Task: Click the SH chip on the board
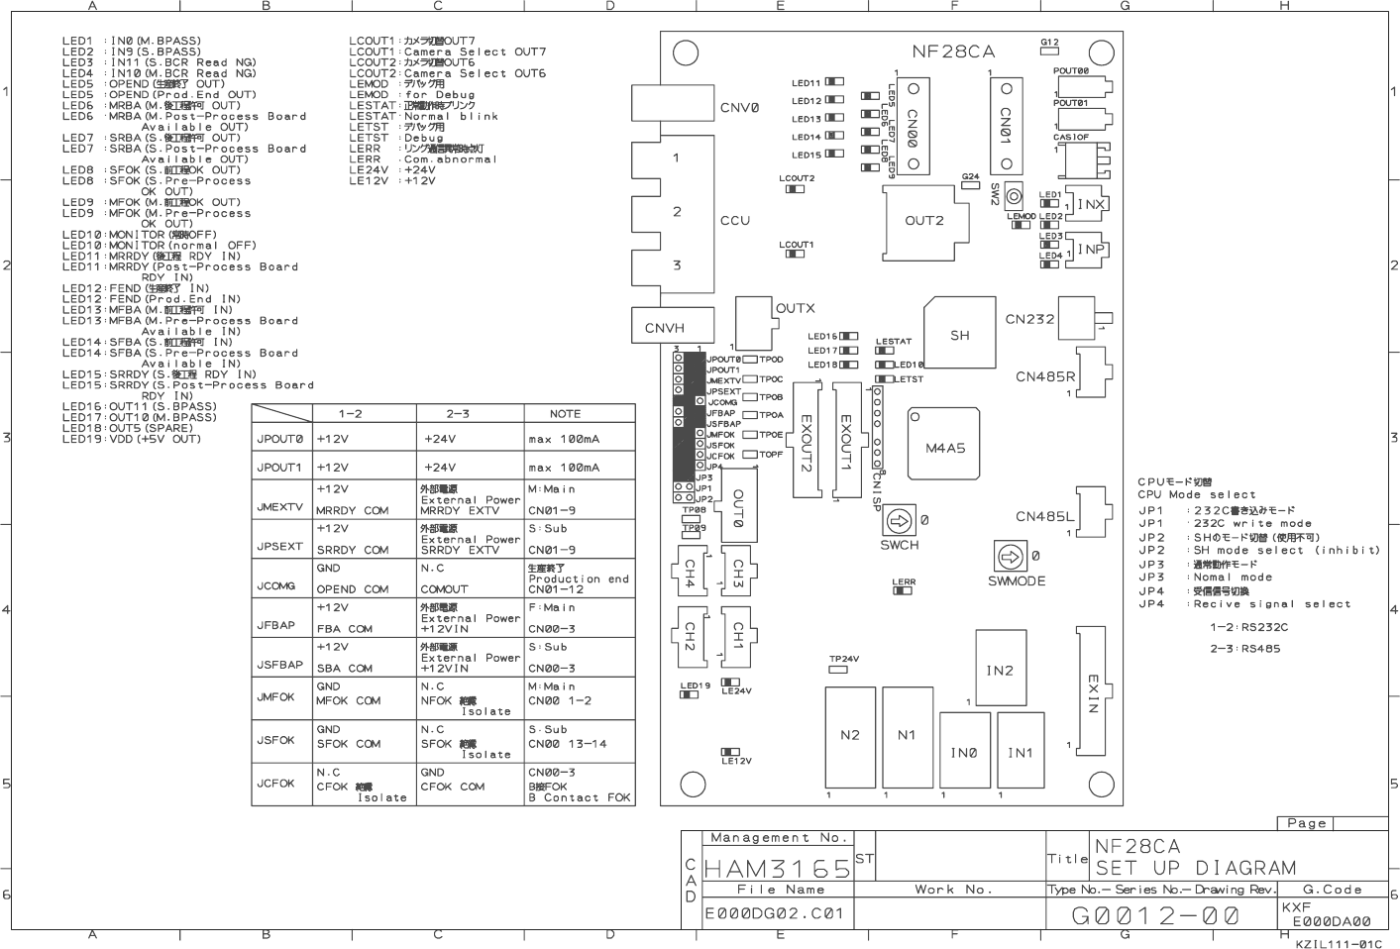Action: point(959,335)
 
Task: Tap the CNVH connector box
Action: point(664,328)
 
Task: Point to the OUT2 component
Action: point(923,221)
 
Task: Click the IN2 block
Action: point(999,671)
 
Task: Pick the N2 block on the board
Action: point(849,735)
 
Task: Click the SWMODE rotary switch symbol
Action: point(1007,555)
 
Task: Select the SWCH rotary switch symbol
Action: point(899,521)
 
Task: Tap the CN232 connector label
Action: point(1029,319)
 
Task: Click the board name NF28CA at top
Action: point(952,52)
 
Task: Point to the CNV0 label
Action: point(739,108)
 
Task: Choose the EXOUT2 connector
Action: point(806,443)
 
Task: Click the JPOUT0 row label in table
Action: point(278,439)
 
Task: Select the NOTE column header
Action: point(565,414)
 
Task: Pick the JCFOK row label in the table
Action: point(276,784)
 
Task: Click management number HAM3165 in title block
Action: point(777,869)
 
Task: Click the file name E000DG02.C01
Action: point(761,914)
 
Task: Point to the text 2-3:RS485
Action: point(1244,649)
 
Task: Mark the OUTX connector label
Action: point(795,308)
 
